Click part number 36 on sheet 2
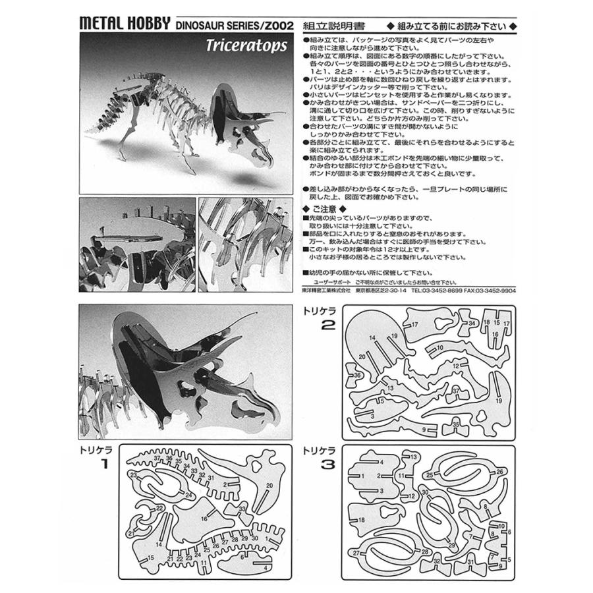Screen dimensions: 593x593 coord(357,376)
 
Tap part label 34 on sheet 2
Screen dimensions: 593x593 coord(472,323)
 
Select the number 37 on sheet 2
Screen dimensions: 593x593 coord(455,391)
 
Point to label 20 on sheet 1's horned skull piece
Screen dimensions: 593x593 coord(269,486)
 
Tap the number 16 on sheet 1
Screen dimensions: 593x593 coord(205,520)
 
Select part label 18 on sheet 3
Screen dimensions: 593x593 coord(361,521)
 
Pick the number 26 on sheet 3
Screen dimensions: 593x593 coord(499,472)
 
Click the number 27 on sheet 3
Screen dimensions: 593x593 coord(356,552)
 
